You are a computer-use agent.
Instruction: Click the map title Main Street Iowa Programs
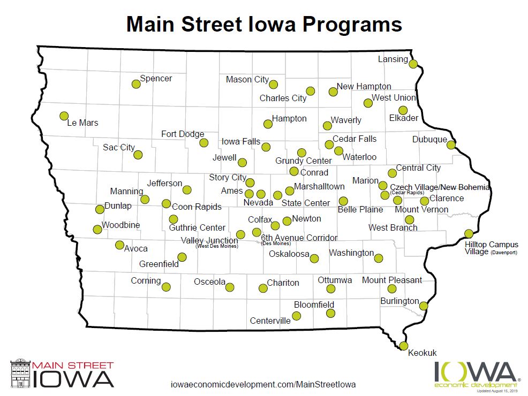point(264,24)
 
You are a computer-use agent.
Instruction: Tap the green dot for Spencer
point(136,84)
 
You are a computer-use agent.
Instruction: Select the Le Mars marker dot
point(64,116)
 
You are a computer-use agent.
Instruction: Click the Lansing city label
point(393,59)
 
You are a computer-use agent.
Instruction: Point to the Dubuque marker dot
point(451,144)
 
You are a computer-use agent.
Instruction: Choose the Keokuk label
point(423,353)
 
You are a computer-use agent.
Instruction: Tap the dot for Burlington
point(424,306)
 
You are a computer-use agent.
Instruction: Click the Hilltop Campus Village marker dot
point(469,233)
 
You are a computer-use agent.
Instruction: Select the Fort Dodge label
point(183,134)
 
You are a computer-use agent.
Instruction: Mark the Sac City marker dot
point(138,155)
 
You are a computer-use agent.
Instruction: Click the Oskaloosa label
point(289,254)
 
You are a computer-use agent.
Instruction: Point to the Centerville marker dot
point(296,316)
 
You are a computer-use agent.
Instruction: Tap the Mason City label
point(247,80)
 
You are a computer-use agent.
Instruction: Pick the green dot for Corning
point(166,287)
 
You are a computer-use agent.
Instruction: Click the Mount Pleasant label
point(392,280)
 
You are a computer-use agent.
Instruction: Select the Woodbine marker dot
point(97,230)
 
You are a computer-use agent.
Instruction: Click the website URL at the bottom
point(262,384)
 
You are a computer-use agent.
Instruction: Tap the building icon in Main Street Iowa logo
point(20,374)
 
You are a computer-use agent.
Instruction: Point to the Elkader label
point(404,118)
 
